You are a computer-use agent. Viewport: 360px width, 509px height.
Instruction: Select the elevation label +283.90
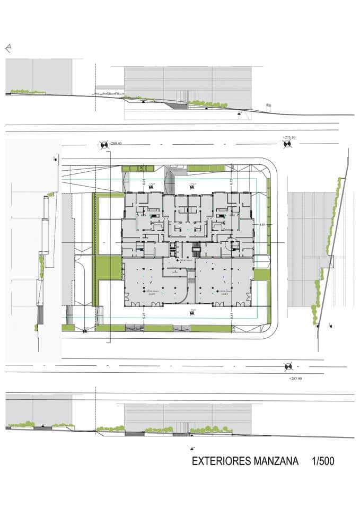(296, 379)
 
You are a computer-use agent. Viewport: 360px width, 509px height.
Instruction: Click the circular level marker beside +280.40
(104, 144)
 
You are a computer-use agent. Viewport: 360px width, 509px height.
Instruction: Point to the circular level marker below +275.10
(288, 145)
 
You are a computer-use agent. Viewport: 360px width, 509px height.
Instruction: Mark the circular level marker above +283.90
(288, 366)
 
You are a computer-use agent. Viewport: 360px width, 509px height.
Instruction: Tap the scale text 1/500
(323, 461)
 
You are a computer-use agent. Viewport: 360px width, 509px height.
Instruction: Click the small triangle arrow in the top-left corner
(8, 48)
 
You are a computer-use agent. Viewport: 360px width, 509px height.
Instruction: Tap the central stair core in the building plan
(196, 249)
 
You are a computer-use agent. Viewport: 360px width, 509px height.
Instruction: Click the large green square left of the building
(109, 268)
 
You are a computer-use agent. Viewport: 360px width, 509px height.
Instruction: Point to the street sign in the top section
(268, 106)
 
